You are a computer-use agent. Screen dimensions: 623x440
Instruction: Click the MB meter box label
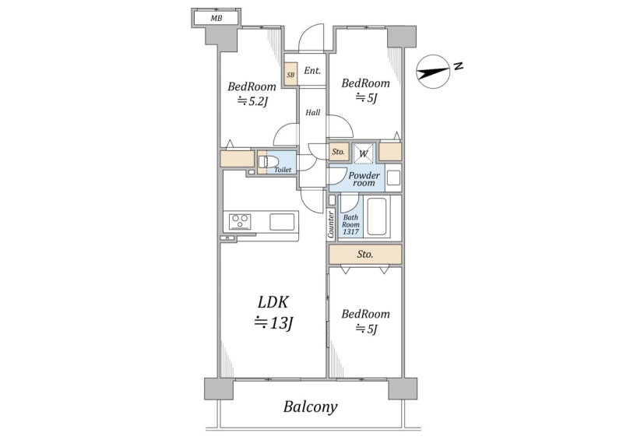pyautogui.click(x=216, y=18)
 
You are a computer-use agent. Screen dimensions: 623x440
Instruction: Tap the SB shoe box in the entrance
pyautogui.click(x=290, y=74)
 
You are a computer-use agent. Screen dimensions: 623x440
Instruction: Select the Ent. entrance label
pyautogui.click(x=312, y=71)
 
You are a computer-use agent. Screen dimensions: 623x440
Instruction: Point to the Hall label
pyautogui.click(x=313, y=112)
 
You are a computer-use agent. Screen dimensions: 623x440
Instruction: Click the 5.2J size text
pyautogui.click(x=253, y=102)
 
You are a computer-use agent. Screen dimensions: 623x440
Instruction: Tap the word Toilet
pyautogui.click(x=283, y=170)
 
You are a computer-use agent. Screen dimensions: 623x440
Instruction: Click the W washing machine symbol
pyautogui.click(x=364, y=153)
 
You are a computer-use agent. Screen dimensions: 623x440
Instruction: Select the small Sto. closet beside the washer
pyautogui.click(x=339, y=151)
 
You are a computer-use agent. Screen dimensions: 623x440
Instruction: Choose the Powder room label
pyautogui.click(x=364, y=179)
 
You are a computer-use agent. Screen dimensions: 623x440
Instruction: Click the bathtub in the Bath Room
pyautogui.click(x=376, y=216)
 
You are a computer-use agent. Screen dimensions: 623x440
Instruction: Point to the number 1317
pyautogui.click(x=351, y=232)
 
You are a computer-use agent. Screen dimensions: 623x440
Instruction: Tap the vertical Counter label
pyautogui.click(x=331, y=224)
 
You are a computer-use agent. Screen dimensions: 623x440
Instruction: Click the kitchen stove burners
pyautogui.click(x=240, y=221)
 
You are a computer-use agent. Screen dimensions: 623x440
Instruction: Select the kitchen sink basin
pyautogui.click(x=282, y=222)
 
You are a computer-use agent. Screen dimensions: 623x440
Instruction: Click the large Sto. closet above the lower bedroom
pyautogui.click(x=365, y=255)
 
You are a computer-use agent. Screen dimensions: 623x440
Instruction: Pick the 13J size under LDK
pyautogui.click(x=274, y=322)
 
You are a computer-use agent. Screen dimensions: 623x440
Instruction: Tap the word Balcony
pyautogui.click(x=310, y=407)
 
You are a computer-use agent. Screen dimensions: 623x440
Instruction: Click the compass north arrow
pyautogui.click(x=433, y=72)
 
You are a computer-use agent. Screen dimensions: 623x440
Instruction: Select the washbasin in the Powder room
pyautogui.click(x=393, y=178)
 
